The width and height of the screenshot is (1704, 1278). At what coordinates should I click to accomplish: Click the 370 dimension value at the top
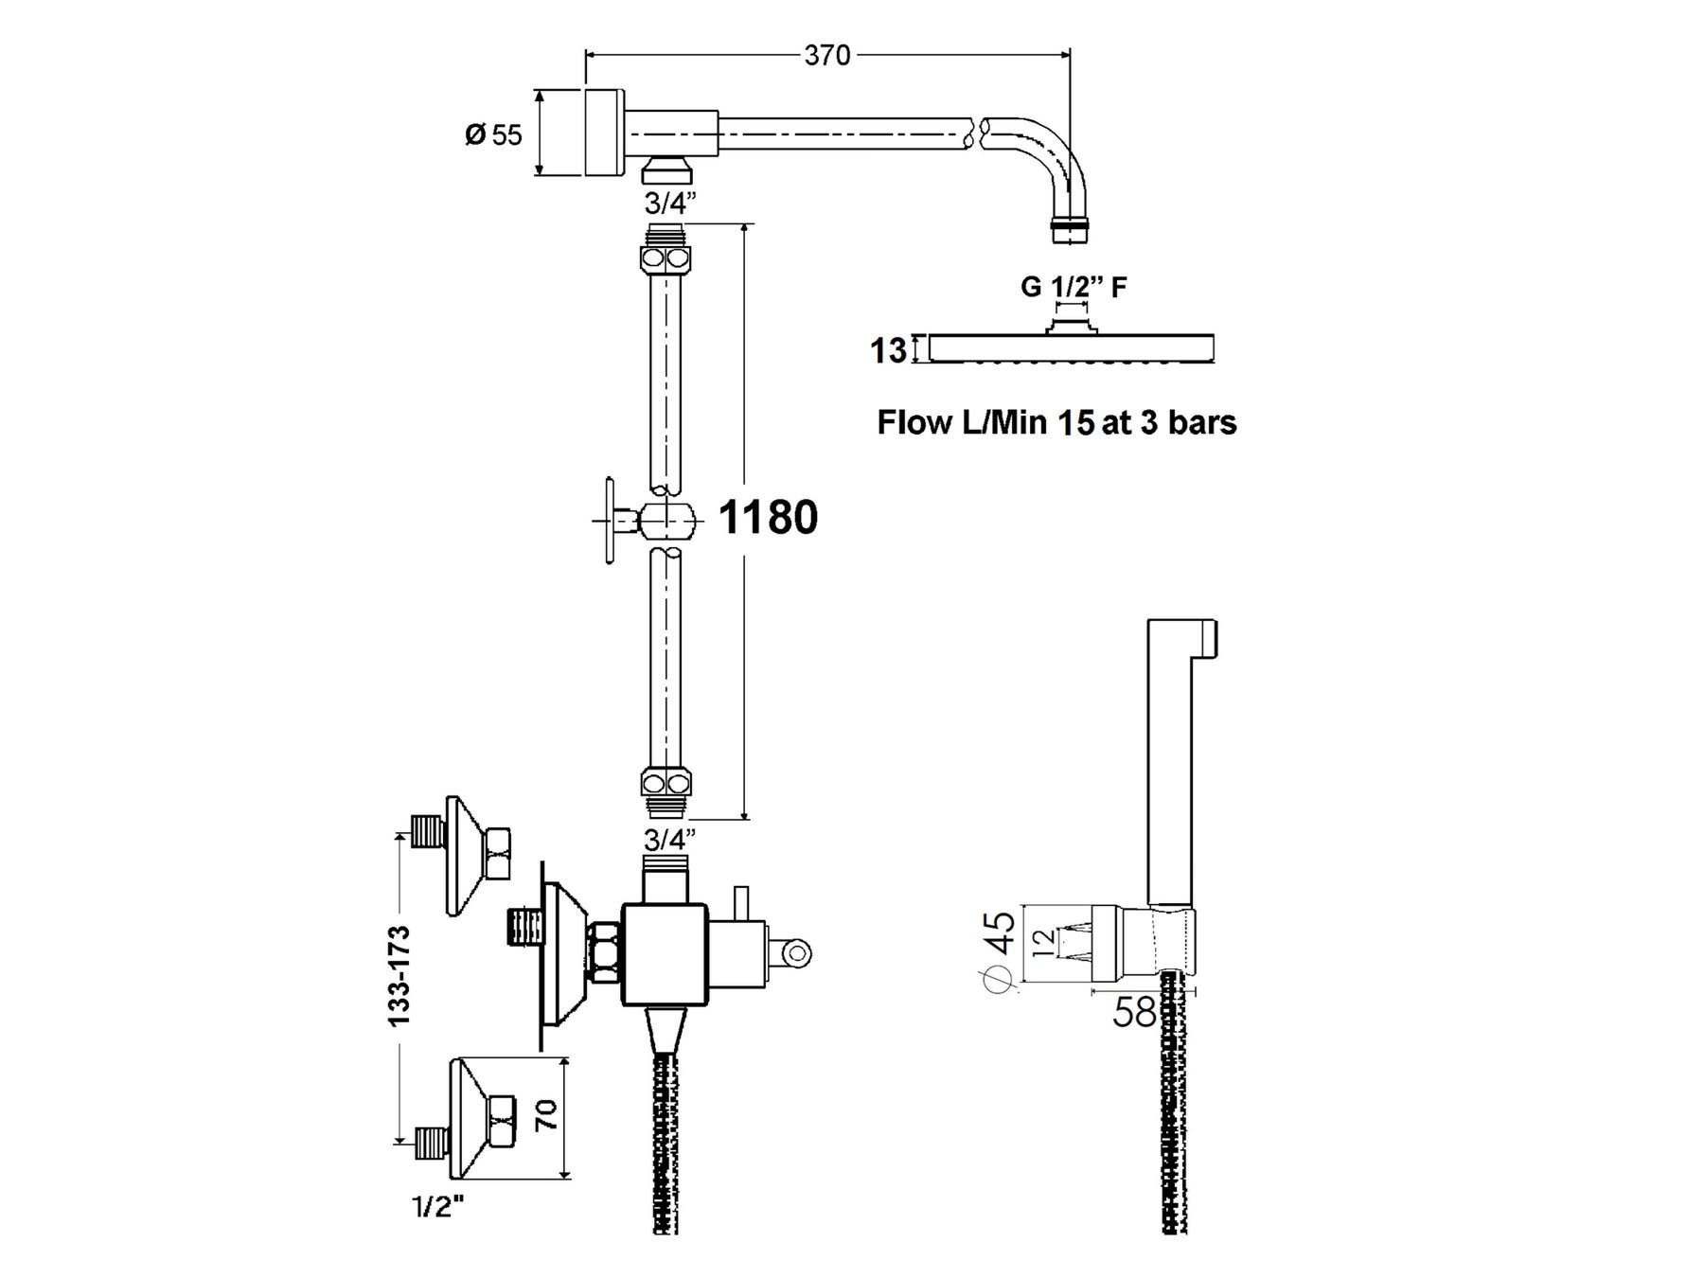(827, 56)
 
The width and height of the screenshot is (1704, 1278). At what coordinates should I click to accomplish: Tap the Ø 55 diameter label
(493, 134)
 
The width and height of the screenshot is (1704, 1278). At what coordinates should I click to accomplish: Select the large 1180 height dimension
(768, 517)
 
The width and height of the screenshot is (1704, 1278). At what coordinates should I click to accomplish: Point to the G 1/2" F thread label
(1074, 287)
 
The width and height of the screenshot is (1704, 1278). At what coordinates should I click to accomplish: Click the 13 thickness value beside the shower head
(888, 350)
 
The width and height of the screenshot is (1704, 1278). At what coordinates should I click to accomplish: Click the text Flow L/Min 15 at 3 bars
(1056, 422)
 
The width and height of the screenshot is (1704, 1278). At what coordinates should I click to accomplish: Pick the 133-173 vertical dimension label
(399, 975)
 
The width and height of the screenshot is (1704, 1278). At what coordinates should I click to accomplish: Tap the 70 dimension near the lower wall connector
(546, 1115)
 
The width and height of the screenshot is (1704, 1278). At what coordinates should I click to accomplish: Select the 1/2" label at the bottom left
(437, 1206)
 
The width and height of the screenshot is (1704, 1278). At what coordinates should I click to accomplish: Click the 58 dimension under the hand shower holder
(1134, 1013)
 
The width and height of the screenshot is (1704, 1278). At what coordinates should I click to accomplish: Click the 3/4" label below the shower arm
(670, 203)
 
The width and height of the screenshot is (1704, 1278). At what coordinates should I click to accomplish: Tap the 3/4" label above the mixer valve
(670, 839)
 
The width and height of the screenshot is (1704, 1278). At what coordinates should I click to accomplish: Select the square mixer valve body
(664, 954)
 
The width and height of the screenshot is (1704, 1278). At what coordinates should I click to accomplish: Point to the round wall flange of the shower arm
(605, 133)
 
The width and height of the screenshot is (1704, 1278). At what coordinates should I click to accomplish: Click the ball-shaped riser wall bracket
(668, 520)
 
